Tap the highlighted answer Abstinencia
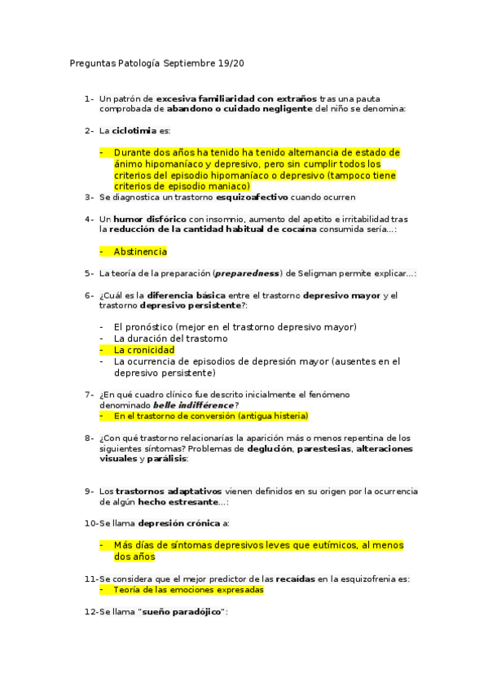(140, 251)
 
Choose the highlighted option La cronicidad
(144, 350)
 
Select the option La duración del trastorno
(170, 338)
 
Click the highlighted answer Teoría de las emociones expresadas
(188, 589)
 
